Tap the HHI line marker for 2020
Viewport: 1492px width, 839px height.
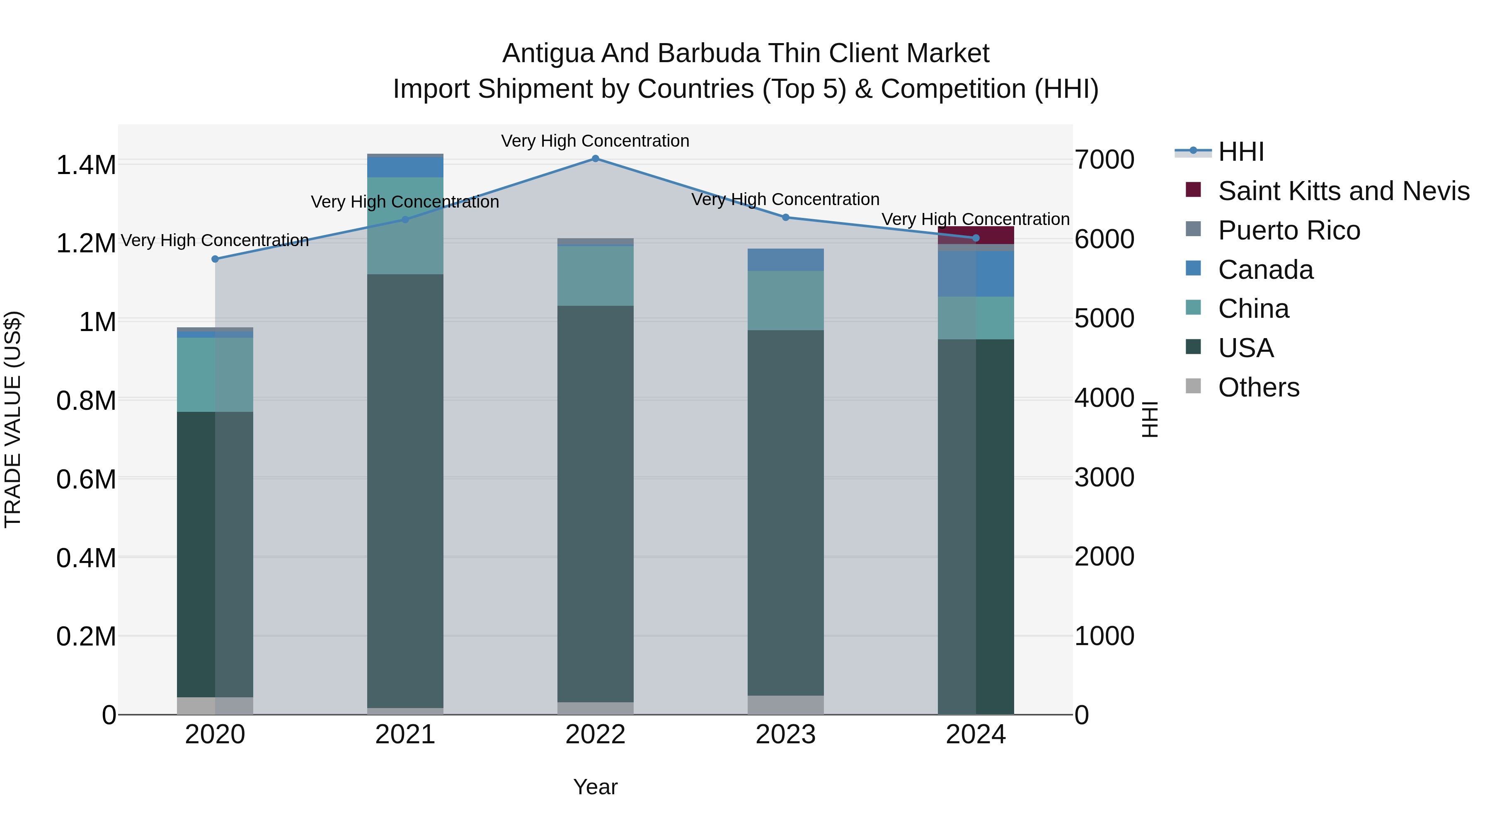pos(215,259)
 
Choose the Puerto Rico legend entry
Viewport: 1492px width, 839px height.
pos(1289,230)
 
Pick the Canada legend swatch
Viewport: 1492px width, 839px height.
pos(1193,268)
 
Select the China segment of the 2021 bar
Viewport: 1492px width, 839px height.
pos(405,226)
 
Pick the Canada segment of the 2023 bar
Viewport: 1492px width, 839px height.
pos(785,260)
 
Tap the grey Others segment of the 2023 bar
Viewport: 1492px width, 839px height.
pos(785,705)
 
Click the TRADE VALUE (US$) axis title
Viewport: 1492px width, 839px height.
pos(13,419)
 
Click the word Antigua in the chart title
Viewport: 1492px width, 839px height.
pos(548,54)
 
